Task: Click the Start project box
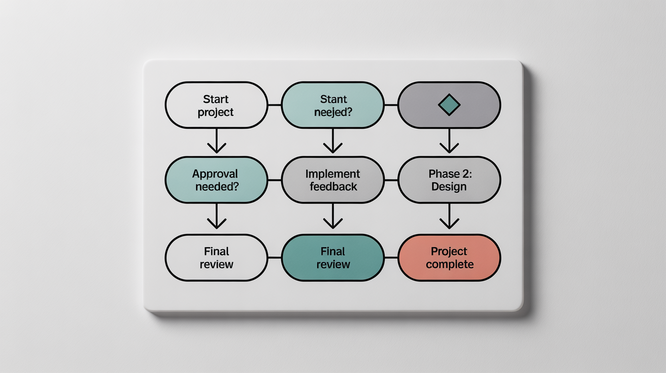(216, 105)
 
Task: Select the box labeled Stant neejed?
(332, 105)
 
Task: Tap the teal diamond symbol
(449, 105)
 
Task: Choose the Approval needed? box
(216, 180)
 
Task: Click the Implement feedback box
(332, 180)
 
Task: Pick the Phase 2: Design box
(449, 180)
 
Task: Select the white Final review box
(216, 257)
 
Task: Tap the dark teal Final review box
(332, 257)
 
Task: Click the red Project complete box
(449, 257)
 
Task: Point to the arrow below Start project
(217, 141)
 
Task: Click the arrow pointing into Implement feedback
(332, 141)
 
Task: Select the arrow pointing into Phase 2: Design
(449, 141)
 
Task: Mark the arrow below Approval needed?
(217, 216)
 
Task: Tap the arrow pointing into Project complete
(449, 216)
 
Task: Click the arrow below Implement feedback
(332, 216)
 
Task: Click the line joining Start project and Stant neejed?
(274, 105)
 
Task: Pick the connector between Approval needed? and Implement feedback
(274, 180)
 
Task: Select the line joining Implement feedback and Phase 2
(391, 180)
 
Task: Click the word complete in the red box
(449, 264)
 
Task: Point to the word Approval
(215, 174)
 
